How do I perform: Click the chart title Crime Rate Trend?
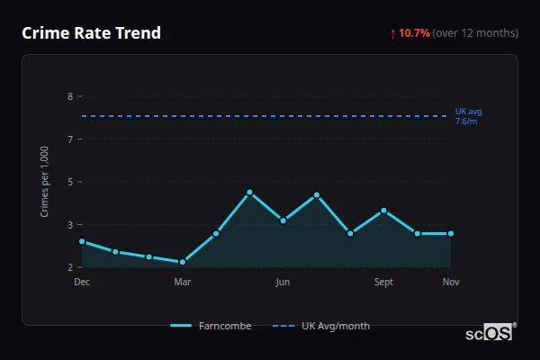pyautogui.click(x=91, y=33)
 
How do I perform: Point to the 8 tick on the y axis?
pyautogui.click(x=70, y=96)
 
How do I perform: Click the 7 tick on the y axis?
pyautogui.click(x=70, y=139)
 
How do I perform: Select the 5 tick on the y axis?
pyautogui.click(x=70, y=182)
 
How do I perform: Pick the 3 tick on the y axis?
pyautogui.click(x=70, y=224)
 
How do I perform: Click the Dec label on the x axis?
pyautogui.click(x=82, y=283)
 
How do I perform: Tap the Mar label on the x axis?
pyautogui.click(x=183, y=283)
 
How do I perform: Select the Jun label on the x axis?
pyautogui.click(x=283, y=283)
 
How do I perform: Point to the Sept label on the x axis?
pyautogui.click(x=383, y=283)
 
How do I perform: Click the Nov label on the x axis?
pyautogui.click(x=451, y=283)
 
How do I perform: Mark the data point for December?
pyautogui.click(x=82, y=241)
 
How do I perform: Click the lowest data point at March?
pyautogui.click(x=183, y=262)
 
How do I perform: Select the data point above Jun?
pyautogui.click(x=283, y=220)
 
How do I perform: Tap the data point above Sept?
pyautogui.click(x=384, y=211)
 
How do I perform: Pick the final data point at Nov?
pyautogui.click(x=451, y=233)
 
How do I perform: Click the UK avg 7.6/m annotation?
pyautogui.click(x=468, y=116)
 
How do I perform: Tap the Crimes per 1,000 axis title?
pyautogui.click(x=45, y=182)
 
